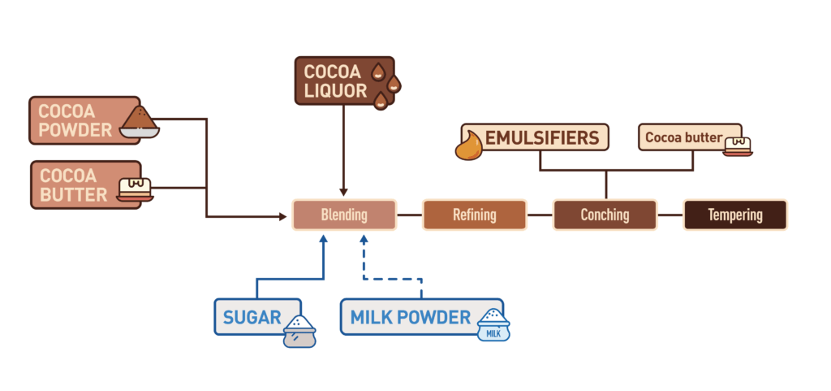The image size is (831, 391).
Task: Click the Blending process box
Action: coord(344,215)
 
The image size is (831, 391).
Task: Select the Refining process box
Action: coord(475,215)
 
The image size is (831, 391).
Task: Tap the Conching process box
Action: coord(605,215)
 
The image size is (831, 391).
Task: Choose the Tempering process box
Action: coord(734,215)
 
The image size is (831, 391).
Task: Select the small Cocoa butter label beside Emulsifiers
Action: coord(683,137)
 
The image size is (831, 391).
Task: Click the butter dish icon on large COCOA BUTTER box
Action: coord(136,189)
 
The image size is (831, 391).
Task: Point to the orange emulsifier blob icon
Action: coord(469,147)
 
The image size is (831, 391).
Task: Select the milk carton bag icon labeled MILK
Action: coord(493,325)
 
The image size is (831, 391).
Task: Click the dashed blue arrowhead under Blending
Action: coord(364,240)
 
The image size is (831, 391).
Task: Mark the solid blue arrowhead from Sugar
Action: coord(323,240)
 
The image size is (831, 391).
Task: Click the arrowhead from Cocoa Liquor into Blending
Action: coord(344,192)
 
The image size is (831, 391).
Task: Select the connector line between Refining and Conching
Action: coord(540,215)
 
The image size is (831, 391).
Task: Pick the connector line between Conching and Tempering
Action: coord(670,215)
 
